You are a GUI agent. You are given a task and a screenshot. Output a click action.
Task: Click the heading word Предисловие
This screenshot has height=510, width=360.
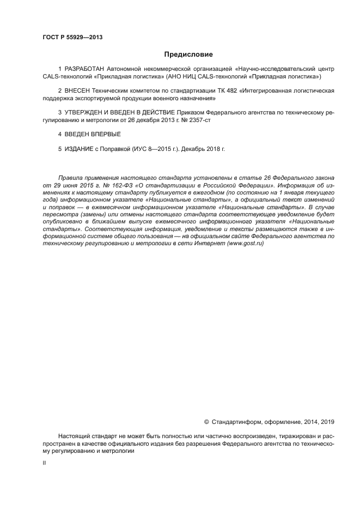[x=188, y=54]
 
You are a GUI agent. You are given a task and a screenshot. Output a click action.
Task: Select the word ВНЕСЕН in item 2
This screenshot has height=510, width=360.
[x=77, y=90]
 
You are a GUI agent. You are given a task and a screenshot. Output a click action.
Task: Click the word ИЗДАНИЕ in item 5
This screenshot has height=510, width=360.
[x=79, y=149]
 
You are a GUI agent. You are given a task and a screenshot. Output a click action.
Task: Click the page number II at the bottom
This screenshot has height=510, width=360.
[x=44, y=462]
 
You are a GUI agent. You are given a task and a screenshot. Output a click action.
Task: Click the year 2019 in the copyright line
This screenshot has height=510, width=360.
[x=327, y=421]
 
